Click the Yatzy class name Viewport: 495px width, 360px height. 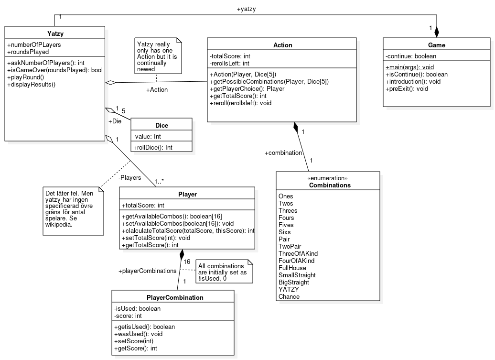click(x=55, y=33)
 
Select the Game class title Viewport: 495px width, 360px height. click(x=437, y=45)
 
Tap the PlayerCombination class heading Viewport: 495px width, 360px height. click(x=175, y=297)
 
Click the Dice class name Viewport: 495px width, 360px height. click(x=161, y=125)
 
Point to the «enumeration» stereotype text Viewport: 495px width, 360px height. click(x=327, y=178)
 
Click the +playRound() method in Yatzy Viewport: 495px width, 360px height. click(x=26, y=77)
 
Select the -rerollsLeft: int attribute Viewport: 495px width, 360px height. click(x=229, y=64)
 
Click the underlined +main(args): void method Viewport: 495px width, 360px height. click(x=410, y=67)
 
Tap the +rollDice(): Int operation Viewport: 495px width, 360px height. click(x=153, y=147)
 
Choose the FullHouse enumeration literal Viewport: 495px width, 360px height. click(x=292, y=268)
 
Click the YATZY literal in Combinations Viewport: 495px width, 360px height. click(x=289, y=289)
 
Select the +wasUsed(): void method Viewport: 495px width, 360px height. click(x=138, y=334)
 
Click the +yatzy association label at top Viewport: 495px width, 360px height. click(x=246, y=9)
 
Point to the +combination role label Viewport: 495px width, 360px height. click(x=283, y=153)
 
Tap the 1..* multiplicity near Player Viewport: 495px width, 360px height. click(x=159, y=182)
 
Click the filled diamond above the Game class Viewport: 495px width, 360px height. click(x=437, y=32)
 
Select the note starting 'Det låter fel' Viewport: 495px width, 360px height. click(x=73, y=211)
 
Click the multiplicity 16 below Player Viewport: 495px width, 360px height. click(x=187, y=262)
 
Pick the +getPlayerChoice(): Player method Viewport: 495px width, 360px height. click(x=247, y=89)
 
